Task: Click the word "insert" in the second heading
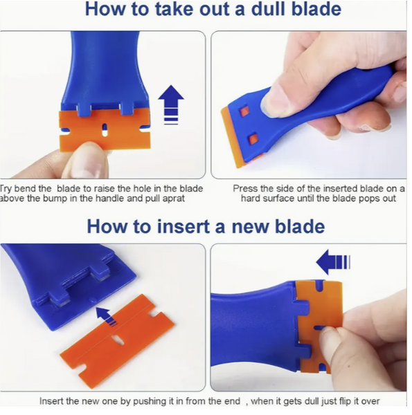183,227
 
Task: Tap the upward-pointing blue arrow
171,104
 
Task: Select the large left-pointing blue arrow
333,261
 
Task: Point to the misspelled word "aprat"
174,199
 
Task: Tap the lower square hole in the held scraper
253,138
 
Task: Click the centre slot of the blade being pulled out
105,129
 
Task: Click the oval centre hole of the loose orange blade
117,340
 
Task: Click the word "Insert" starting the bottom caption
51,401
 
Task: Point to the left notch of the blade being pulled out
65,131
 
